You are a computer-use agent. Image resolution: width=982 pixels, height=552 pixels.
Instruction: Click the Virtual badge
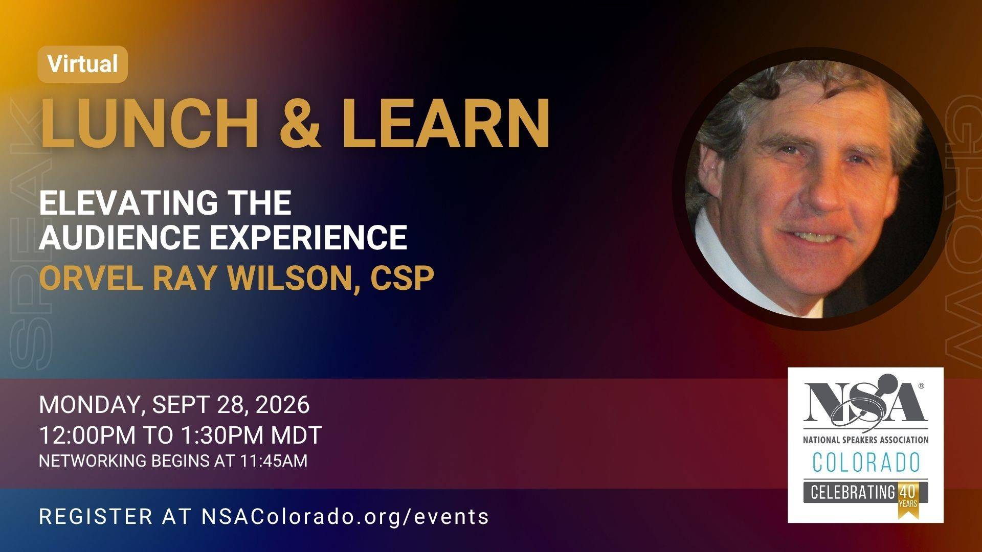pyautogui.click(x=82, y=64)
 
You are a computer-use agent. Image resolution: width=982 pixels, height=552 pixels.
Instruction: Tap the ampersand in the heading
pyautogui.click(x=301, y=123)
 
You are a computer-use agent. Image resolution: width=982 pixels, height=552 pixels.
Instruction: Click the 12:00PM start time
pyautogui.click(x=87, y=435)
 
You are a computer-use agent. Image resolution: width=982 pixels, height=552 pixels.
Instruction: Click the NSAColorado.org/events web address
pyautogui.click(x=345, y=516)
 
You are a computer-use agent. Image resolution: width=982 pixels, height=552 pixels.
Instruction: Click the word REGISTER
pyautogui.click(x=96, y=516)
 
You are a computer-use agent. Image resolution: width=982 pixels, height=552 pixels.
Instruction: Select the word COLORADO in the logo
pyautogui.click(x=866, y=463)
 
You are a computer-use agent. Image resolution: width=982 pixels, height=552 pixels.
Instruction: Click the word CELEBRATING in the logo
pyautogui.click(x=852, y=492)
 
